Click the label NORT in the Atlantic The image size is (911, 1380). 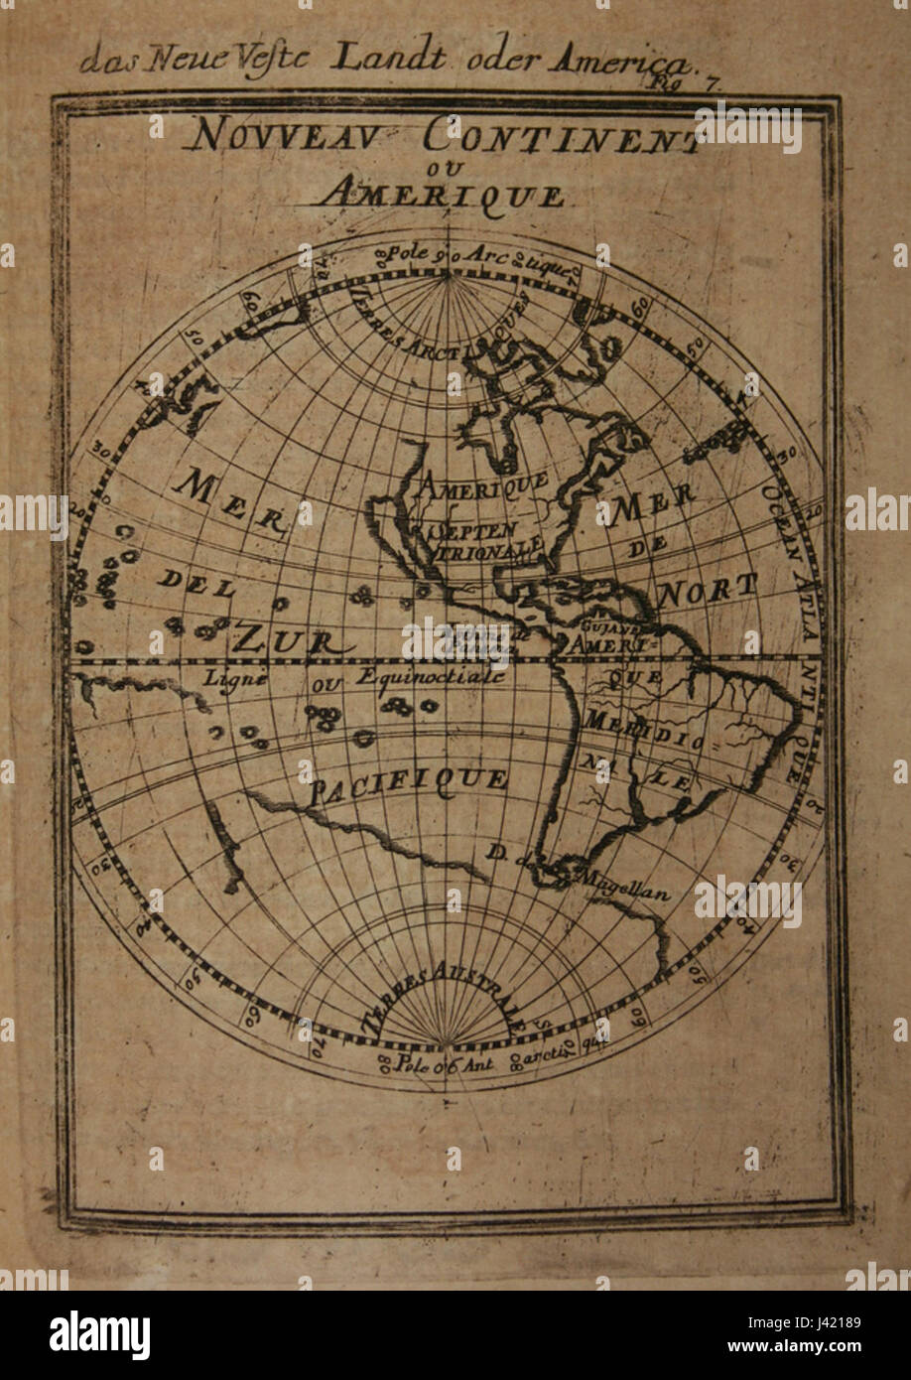708,591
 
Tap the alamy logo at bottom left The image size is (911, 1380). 99,1335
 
